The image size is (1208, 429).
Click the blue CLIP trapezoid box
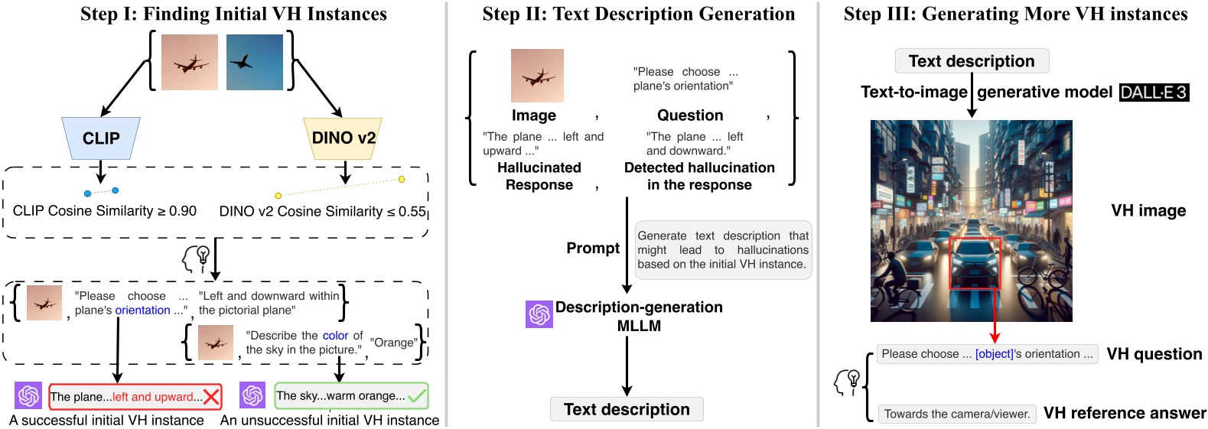[x=101, y=138]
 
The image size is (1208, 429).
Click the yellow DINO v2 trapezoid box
[x=343, y=138]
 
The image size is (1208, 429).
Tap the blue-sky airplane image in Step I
[x=255, y=62]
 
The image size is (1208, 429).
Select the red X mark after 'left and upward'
[x=212, y=396]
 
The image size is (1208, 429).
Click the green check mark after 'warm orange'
[x=417, y=395]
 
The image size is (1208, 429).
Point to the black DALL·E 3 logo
[x=1154, y=93]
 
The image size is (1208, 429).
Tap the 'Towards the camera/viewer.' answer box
[x=957, y=414]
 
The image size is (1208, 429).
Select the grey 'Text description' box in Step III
[x=972, y=61]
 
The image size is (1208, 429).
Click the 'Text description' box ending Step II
[x=627, y=409]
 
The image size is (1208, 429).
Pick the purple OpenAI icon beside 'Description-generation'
[x=539, y=314]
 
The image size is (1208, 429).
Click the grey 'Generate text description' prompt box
[x=723, y=250]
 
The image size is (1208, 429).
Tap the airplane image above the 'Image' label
[x=537, y=76]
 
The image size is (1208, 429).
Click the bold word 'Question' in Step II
[x=690, y=115]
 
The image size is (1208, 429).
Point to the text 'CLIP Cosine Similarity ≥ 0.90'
[x=105, y=211]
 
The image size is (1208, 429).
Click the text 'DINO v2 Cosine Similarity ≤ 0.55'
[x=322, y=211]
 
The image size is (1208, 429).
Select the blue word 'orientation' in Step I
[x=143, y=310]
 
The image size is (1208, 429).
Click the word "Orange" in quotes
[x=394, y=343]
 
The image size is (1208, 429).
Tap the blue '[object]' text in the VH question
[x=994, y=354]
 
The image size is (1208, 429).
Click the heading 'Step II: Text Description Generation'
[x=639, y=15]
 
